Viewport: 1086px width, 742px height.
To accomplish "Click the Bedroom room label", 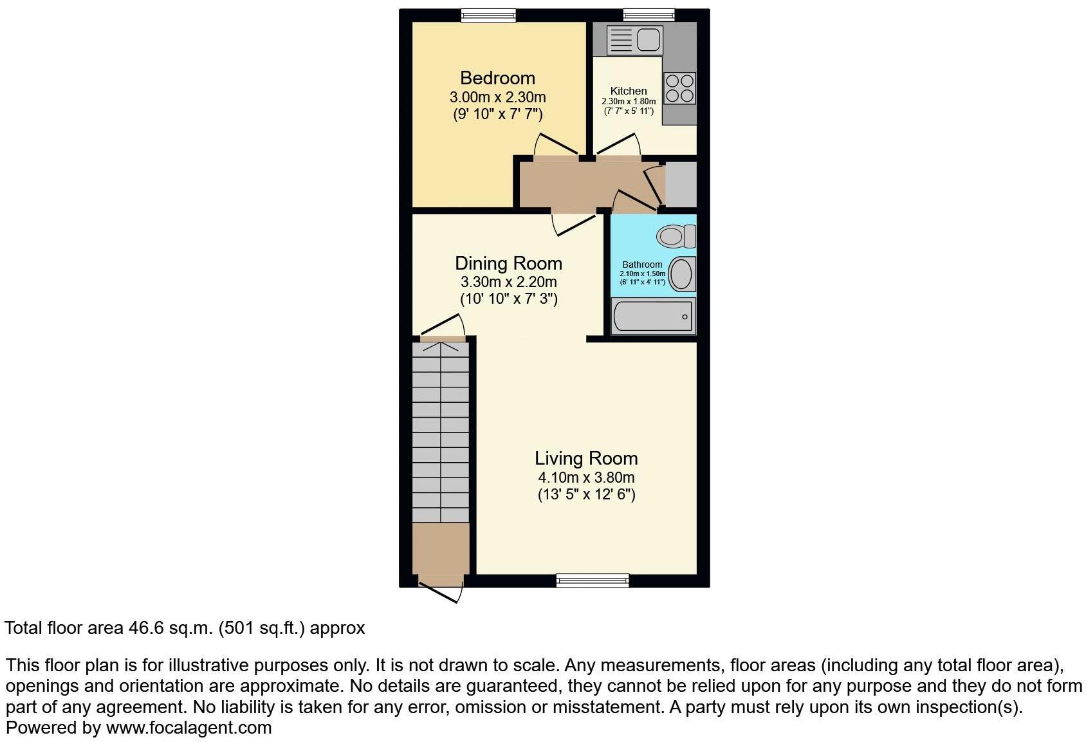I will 497,78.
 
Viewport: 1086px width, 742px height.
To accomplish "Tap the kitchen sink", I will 636,40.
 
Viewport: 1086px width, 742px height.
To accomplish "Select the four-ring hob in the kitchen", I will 680,88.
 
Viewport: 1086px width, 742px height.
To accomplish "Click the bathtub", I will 653,316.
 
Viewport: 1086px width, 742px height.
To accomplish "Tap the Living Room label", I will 586,458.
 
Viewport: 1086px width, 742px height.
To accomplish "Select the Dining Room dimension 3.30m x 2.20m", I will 508,282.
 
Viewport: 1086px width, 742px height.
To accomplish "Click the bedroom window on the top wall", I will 489,15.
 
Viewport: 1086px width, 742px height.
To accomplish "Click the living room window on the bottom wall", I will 593,580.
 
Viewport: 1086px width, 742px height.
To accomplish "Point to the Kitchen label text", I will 629,91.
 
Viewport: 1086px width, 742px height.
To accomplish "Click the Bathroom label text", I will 642,264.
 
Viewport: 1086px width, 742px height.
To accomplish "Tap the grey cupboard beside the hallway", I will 681,185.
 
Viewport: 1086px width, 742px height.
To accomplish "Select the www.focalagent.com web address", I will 189,728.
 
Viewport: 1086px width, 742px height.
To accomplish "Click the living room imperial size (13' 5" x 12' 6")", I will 586,494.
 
